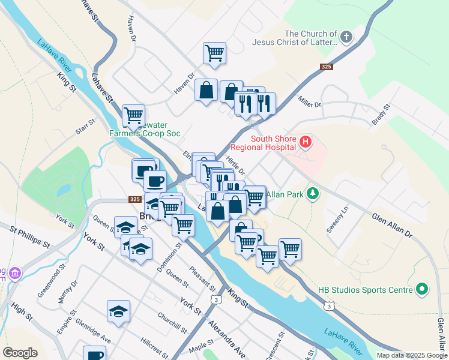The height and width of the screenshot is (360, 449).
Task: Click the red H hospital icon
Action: tap(306, 142)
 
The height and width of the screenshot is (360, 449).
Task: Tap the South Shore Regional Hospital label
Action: tap(274, 143)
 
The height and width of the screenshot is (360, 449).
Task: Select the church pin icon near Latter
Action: tap(347, 38)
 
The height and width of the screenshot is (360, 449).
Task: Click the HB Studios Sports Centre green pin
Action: tap(422, 290)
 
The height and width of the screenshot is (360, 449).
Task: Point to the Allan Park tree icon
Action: tap(312, 193)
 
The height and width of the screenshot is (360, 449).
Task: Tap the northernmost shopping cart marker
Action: tap(214, 53)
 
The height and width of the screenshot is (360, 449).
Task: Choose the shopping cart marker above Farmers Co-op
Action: tap(133, 115)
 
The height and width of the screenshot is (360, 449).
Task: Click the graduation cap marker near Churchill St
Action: tap(118, 311)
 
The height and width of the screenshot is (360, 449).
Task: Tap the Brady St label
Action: tap(381, 114)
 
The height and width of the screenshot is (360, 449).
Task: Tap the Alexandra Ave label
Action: tap(227, 338)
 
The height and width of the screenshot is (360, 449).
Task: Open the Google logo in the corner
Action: tap(20, 353)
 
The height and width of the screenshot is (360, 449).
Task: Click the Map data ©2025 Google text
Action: tap(411, 355)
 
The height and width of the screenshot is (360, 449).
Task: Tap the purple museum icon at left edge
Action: tap(14, 273)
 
